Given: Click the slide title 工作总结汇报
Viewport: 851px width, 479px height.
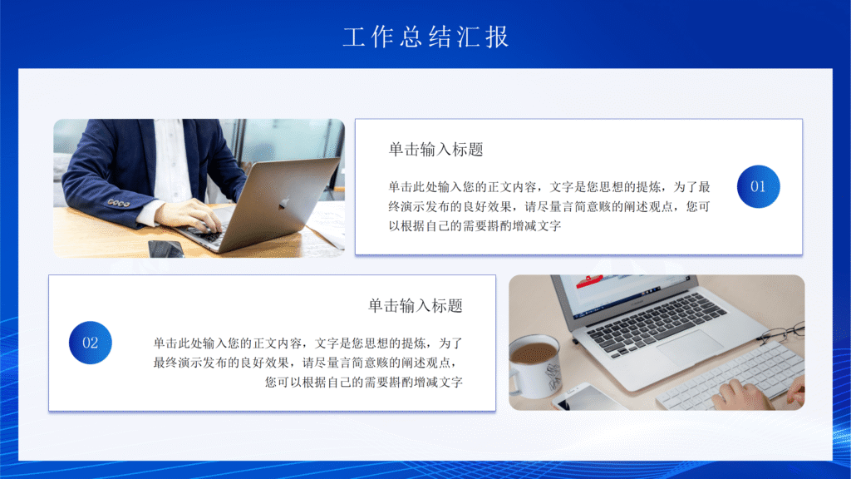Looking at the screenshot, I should click(x=425, y=37).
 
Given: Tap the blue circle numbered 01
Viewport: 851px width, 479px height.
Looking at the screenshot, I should click(x=758, y=186).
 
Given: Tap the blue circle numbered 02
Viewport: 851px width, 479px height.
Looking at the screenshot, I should click(x=90, y=343).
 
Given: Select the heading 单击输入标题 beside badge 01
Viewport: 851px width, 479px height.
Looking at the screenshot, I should click(x=435, y=150).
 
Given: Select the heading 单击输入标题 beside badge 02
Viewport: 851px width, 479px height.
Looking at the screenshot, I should click(x=415, y=306).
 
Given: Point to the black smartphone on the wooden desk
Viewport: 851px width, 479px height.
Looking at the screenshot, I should click(x=165, y=248).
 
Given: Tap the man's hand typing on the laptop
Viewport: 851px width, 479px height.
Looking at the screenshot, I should click(x=190, y=215).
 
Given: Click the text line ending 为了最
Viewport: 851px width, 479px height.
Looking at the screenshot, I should click(x=549, y=186).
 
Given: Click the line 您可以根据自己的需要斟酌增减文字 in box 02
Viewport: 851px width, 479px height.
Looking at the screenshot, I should click(x=363, y=383).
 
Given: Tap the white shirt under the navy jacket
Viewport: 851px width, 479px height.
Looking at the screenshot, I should click(x=173, y=162).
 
